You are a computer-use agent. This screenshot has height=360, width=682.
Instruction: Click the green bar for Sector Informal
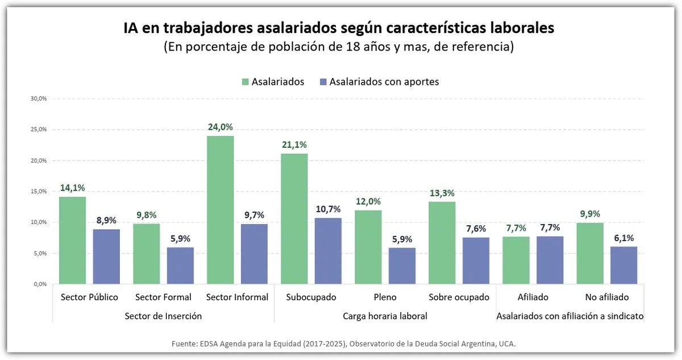[x=220, y=210]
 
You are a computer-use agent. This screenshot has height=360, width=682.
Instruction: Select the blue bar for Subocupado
[x=328, y=251]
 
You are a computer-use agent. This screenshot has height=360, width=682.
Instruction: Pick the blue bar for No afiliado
[x=623, y=265]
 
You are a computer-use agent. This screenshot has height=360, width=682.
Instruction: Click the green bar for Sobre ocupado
[x=442, y=243]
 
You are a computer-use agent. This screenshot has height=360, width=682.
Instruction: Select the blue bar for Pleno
[x=402, y=266]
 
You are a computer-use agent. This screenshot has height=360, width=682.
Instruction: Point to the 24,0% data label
[x=220, y=127]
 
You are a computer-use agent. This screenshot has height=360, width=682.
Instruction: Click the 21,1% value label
[x=294, y=144]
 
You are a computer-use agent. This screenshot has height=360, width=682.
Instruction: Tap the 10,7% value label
[x=328, y=209]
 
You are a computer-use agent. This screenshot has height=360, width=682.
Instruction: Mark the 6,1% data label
[x=623, y=238]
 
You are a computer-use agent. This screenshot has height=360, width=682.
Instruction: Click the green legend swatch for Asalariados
[x=245, y=82]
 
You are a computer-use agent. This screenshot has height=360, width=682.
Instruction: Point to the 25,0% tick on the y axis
[x=39, y=129]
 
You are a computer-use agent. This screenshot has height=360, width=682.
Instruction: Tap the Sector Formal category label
[x=163, y=297]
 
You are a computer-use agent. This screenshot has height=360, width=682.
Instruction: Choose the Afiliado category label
[x=533, y=297]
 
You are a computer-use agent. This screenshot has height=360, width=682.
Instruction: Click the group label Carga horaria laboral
[x=385, y=316]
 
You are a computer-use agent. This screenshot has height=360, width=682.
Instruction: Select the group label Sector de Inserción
[x=163, y=316]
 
